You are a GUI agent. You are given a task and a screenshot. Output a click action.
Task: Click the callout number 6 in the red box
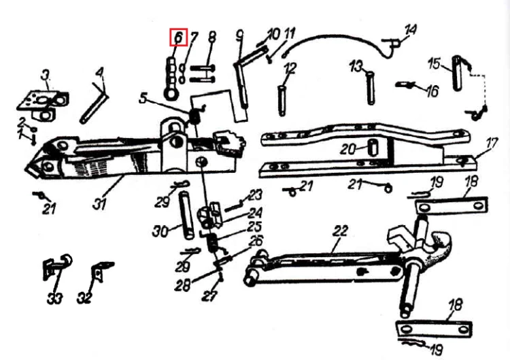pos(179,37)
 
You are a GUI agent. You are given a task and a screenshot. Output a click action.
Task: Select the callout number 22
pos(340,231)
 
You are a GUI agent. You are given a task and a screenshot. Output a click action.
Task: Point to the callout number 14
pos(411,30)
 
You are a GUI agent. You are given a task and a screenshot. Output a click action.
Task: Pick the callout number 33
pos(54,298)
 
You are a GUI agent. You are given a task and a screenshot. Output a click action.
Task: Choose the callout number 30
pos(160,231)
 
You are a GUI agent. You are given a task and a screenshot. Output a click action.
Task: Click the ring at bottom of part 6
pos(171,94)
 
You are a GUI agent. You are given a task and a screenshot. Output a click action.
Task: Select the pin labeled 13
pos(371,88)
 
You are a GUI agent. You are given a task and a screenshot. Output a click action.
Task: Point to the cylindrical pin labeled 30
pos(187,216)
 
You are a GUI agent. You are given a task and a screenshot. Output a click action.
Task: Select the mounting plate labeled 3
pos(42,105)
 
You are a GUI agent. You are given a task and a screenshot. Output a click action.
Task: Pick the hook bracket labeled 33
pos(56,266)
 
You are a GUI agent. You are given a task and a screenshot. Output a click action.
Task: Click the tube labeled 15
pos(457,73)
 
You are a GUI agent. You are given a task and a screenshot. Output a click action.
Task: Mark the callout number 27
pos(209,295)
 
